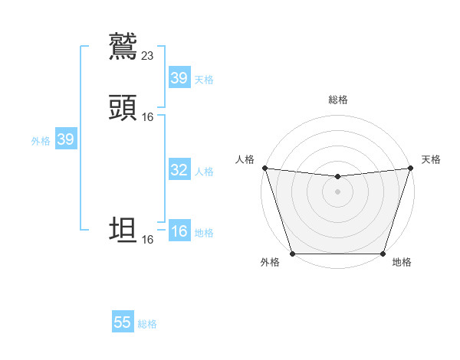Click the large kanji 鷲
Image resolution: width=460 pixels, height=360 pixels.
[123, 47]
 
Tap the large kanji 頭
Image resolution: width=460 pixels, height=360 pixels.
[123, 108]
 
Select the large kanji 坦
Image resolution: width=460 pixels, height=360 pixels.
[123, 231]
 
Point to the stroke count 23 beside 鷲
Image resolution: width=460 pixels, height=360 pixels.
[148, 55]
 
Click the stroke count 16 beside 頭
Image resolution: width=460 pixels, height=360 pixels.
[148, 116]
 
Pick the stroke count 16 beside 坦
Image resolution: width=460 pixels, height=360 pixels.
[148, 239]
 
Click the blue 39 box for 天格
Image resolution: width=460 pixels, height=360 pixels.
[179, 78]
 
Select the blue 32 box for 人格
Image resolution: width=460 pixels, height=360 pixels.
[179, 170]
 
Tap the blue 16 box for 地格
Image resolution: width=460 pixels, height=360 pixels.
[179, 231]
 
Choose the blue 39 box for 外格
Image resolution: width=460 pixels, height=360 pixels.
[65, 139]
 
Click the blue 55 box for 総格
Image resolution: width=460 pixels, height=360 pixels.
[123, 322]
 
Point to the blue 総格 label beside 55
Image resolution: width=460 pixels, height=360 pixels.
[147, 324]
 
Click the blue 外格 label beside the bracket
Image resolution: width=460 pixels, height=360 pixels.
[41, 141]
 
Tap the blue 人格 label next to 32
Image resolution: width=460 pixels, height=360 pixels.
[204, 172]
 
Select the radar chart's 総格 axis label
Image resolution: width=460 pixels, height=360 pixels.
[337, 100]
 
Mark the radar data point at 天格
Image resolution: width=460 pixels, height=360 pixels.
[410, 168]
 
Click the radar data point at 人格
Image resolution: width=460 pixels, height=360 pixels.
[264, 168]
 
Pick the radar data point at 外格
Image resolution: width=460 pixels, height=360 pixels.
[292, 254]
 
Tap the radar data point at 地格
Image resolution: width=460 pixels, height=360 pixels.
[383, 254]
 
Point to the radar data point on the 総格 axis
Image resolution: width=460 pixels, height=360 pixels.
[337, 177]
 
